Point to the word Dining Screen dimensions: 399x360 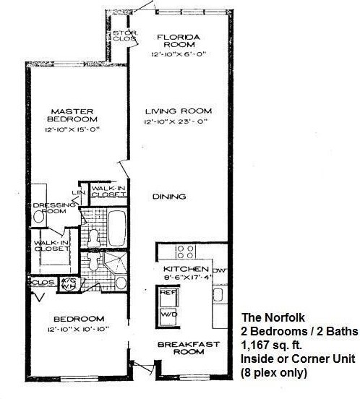171,197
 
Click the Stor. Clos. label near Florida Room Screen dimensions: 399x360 119,37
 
